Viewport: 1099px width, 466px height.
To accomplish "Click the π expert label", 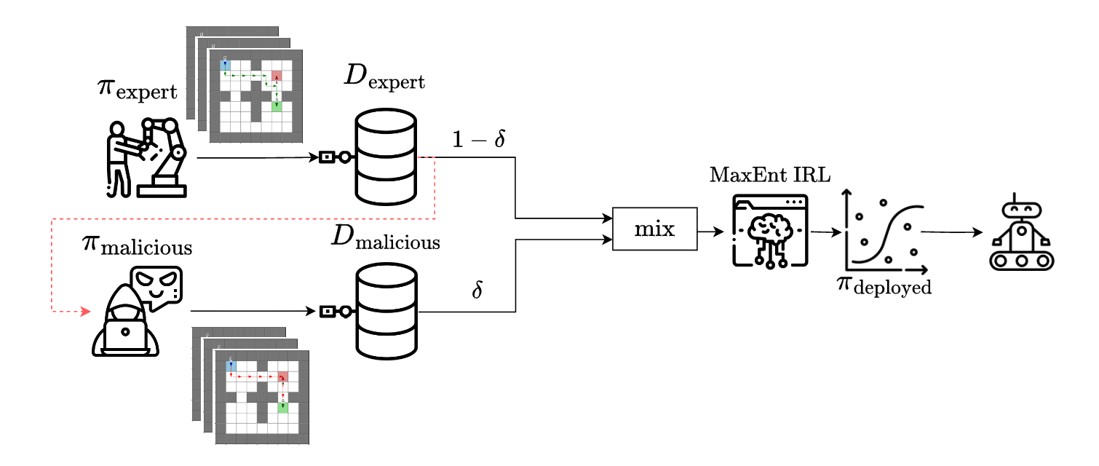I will tap(137, 90).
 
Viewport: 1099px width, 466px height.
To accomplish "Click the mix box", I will tap(655, 229).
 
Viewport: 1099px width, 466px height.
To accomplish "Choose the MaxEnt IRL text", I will tap(769, 175).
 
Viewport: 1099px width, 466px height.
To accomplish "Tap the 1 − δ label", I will tap(479, 140).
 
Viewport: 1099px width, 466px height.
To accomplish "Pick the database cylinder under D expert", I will tap(386, 156).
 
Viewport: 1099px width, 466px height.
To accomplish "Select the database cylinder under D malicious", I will tap(386, 311).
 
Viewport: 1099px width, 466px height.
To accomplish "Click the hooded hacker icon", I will tap(125, 320).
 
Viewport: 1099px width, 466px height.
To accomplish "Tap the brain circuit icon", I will tap(770, 230).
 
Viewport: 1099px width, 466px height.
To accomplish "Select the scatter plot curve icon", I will tap(884, 232).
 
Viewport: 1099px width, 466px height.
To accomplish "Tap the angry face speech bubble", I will tap(156, 286).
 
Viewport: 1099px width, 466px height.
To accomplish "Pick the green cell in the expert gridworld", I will tap(277, 106).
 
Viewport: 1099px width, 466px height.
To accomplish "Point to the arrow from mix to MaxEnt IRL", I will tap(711, 232).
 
